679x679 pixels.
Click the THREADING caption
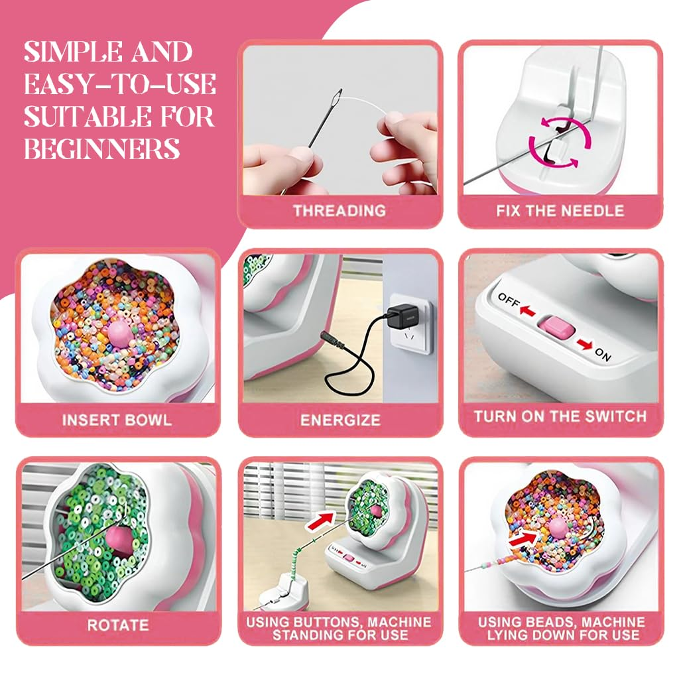coord(339,211)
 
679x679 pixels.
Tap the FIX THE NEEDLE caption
coord(560,211)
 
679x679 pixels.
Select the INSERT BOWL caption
coord(117,420)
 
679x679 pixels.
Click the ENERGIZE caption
coord(340,420)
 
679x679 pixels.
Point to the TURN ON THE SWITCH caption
coord(560,417)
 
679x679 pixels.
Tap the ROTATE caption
coord(117,625)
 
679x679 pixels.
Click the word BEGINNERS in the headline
coord(102,148)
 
